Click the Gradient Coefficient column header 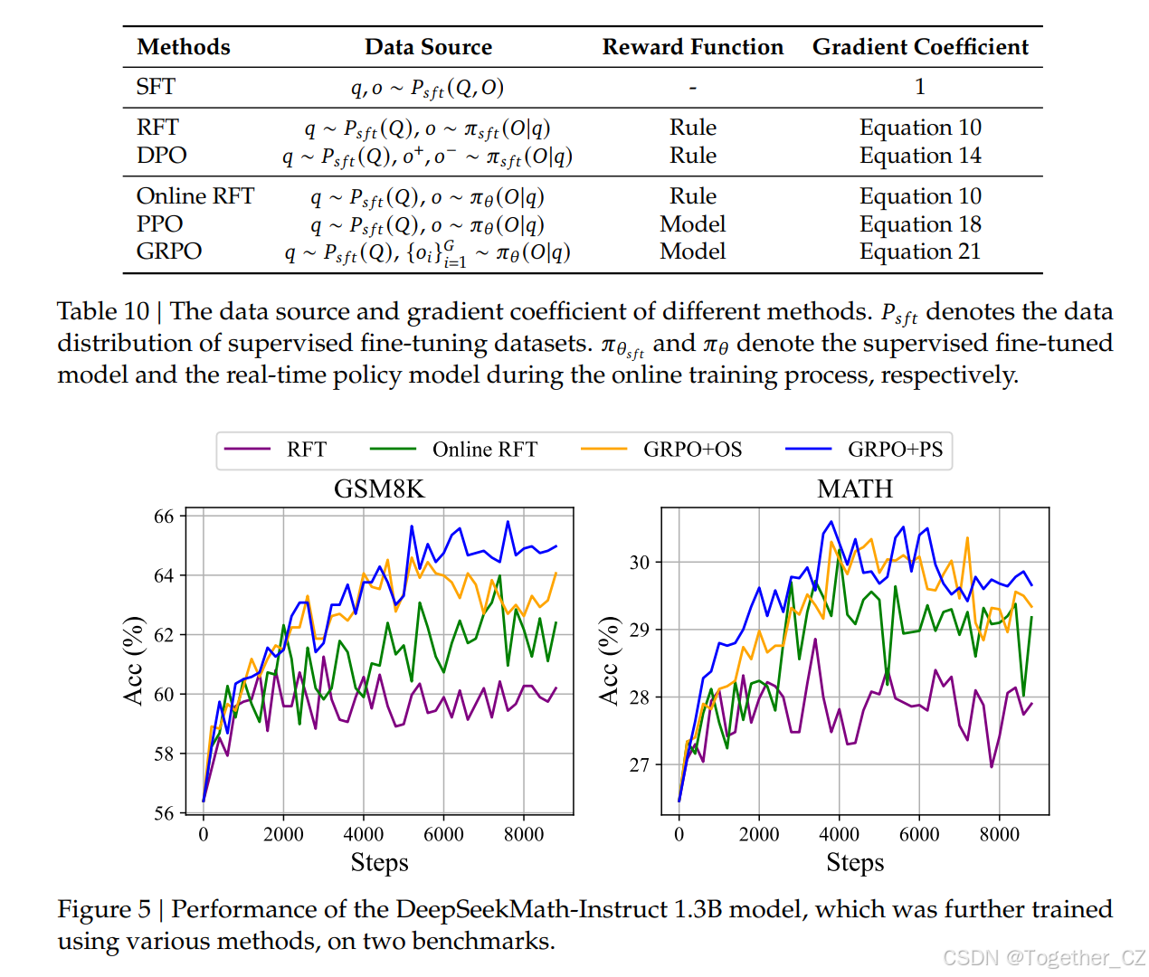(920, 47)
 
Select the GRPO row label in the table (169, 251)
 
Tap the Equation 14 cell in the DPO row (920, 156)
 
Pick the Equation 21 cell (920, 251)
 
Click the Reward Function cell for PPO (692, 224)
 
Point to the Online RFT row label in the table (195, 196)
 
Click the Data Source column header (428, 47)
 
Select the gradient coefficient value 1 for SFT (920, 87)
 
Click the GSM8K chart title (379, 489)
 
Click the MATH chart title (855, 489)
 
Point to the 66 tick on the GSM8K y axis (164, 517)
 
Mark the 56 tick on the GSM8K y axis (164, 813)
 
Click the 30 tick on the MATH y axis (640, 563)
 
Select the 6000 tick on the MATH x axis (919, 834)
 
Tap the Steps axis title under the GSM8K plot (379, 863)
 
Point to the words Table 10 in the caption (102, 311)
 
